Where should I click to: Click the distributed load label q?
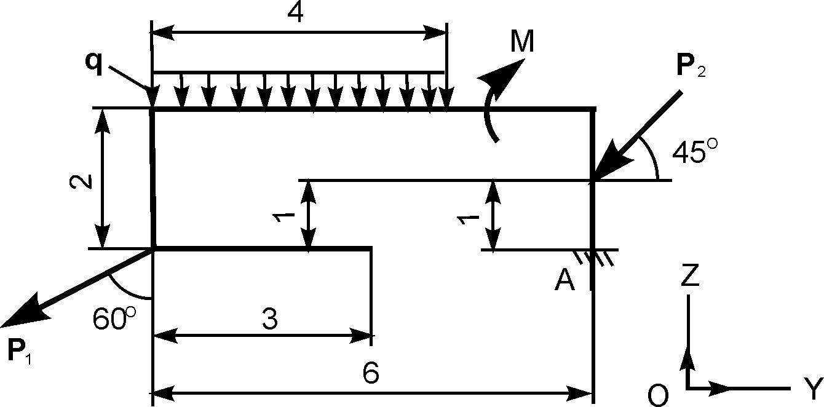tap(94, 64)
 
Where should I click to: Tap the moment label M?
tap(522, 41)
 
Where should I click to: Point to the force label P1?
tap(19, 352)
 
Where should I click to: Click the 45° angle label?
tap(694, 151)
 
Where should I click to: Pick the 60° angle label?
tap(114, 318)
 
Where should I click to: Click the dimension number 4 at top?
tap(295, 14)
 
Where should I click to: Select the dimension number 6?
tap(370, 373)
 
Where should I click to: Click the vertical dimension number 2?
tap(81, 181)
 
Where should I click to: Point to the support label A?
tap(565, 280)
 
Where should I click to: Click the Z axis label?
tap(690, 275)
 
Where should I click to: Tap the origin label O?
tap(658, 395)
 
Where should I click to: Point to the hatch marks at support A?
tap(593, 258)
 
